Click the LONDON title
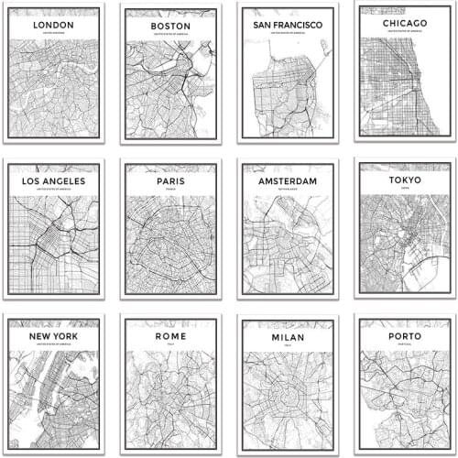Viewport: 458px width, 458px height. click(x=53, y=25)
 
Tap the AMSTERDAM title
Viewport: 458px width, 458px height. click(x=287, y=181)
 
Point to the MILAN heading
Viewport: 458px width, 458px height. click(x=287, y=337)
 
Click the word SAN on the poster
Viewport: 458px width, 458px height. click(x=262, y=25)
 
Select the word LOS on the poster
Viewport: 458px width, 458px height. click(x=31, y=180)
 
